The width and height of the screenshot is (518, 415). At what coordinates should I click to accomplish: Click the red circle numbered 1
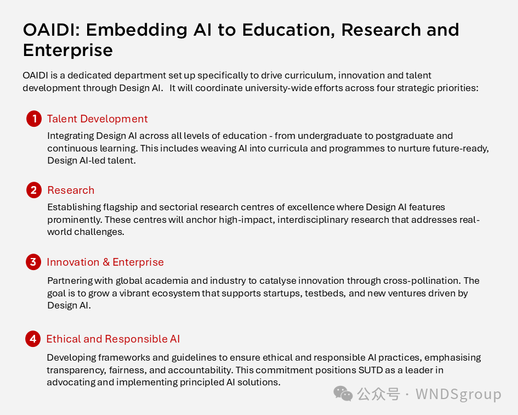click(x=34, y=119)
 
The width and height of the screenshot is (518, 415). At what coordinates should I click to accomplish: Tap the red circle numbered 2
click(x=34, y=190)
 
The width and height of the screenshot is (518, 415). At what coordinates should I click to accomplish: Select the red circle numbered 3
click(x=33, y=262)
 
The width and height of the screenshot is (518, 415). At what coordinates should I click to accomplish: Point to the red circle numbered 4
click(x=33, y=339)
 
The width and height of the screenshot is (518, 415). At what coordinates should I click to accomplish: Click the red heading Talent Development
click(x=98, y=119)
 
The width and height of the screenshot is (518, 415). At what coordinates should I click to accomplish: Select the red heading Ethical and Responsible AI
click(x=113, y=339)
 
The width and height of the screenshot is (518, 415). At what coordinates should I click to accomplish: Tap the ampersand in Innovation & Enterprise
click(x=106, y=262)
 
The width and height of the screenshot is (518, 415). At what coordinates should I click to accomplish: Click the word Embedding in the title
click(x=137, y=30)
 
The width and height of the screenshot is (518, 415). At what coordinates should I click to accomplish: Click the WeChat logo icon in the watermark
click(x=343, y=394)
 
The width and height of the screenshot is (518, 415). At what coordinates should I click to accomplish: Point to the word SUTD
click(x=371, y=370)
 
